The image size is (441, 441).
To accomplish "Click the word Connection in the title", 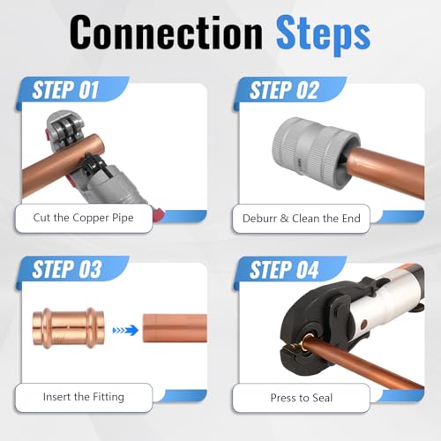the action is click(166, 33).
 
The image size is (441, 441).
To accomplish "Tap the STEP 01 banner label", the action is click(65, 90).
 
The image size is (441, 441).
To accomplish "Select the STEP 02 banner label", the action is click(284, 90).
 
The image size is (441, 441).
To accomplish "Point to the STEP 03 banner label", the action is click(67, 269).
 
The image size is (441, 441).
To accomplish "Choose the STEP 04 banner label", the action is click(284, 269).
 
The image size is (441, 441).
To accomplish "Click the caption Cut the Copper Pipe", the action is click(83, 218).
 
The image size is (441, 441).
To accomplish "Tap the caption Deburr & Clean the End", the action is click(302, 219).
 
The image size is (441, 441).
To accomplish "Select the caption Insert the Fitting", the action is click(84, 397).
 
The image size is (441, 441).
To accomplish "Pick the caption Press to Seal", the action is click(302, 398).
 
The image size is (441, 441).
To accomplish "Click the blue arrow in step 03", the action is click(125, 331).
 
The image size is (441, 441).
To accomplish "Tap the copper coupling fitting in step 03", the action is click(69, 328).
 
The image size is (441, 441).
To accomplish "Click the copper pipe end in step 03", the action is click(175, 328).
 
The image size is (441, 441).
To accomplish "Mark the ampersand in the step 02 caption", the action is click(284, 219).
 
